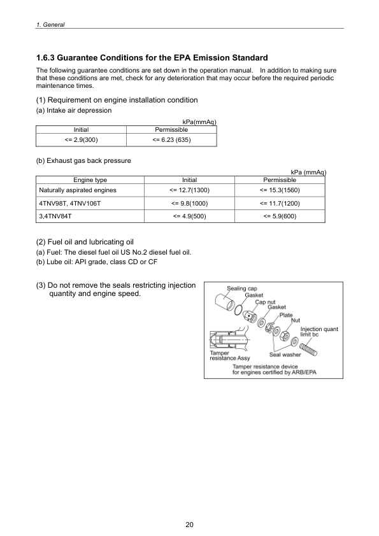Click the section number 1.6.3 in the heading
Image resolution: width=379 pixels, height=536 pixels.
click(48, 58)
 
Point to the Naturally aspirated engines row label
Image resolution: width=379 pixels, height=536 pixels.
click(77, 190)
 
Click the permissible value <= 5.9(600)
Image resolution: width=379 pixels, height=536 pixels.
click(280, 216)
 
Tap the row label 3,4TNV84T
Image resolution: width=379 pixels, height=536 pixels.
click(55, 216)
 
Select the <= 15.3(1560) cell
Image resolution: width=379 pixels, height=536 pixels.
click(280, 190)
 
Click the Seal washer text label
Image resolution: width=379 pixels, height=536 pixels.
click(285, 355)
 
